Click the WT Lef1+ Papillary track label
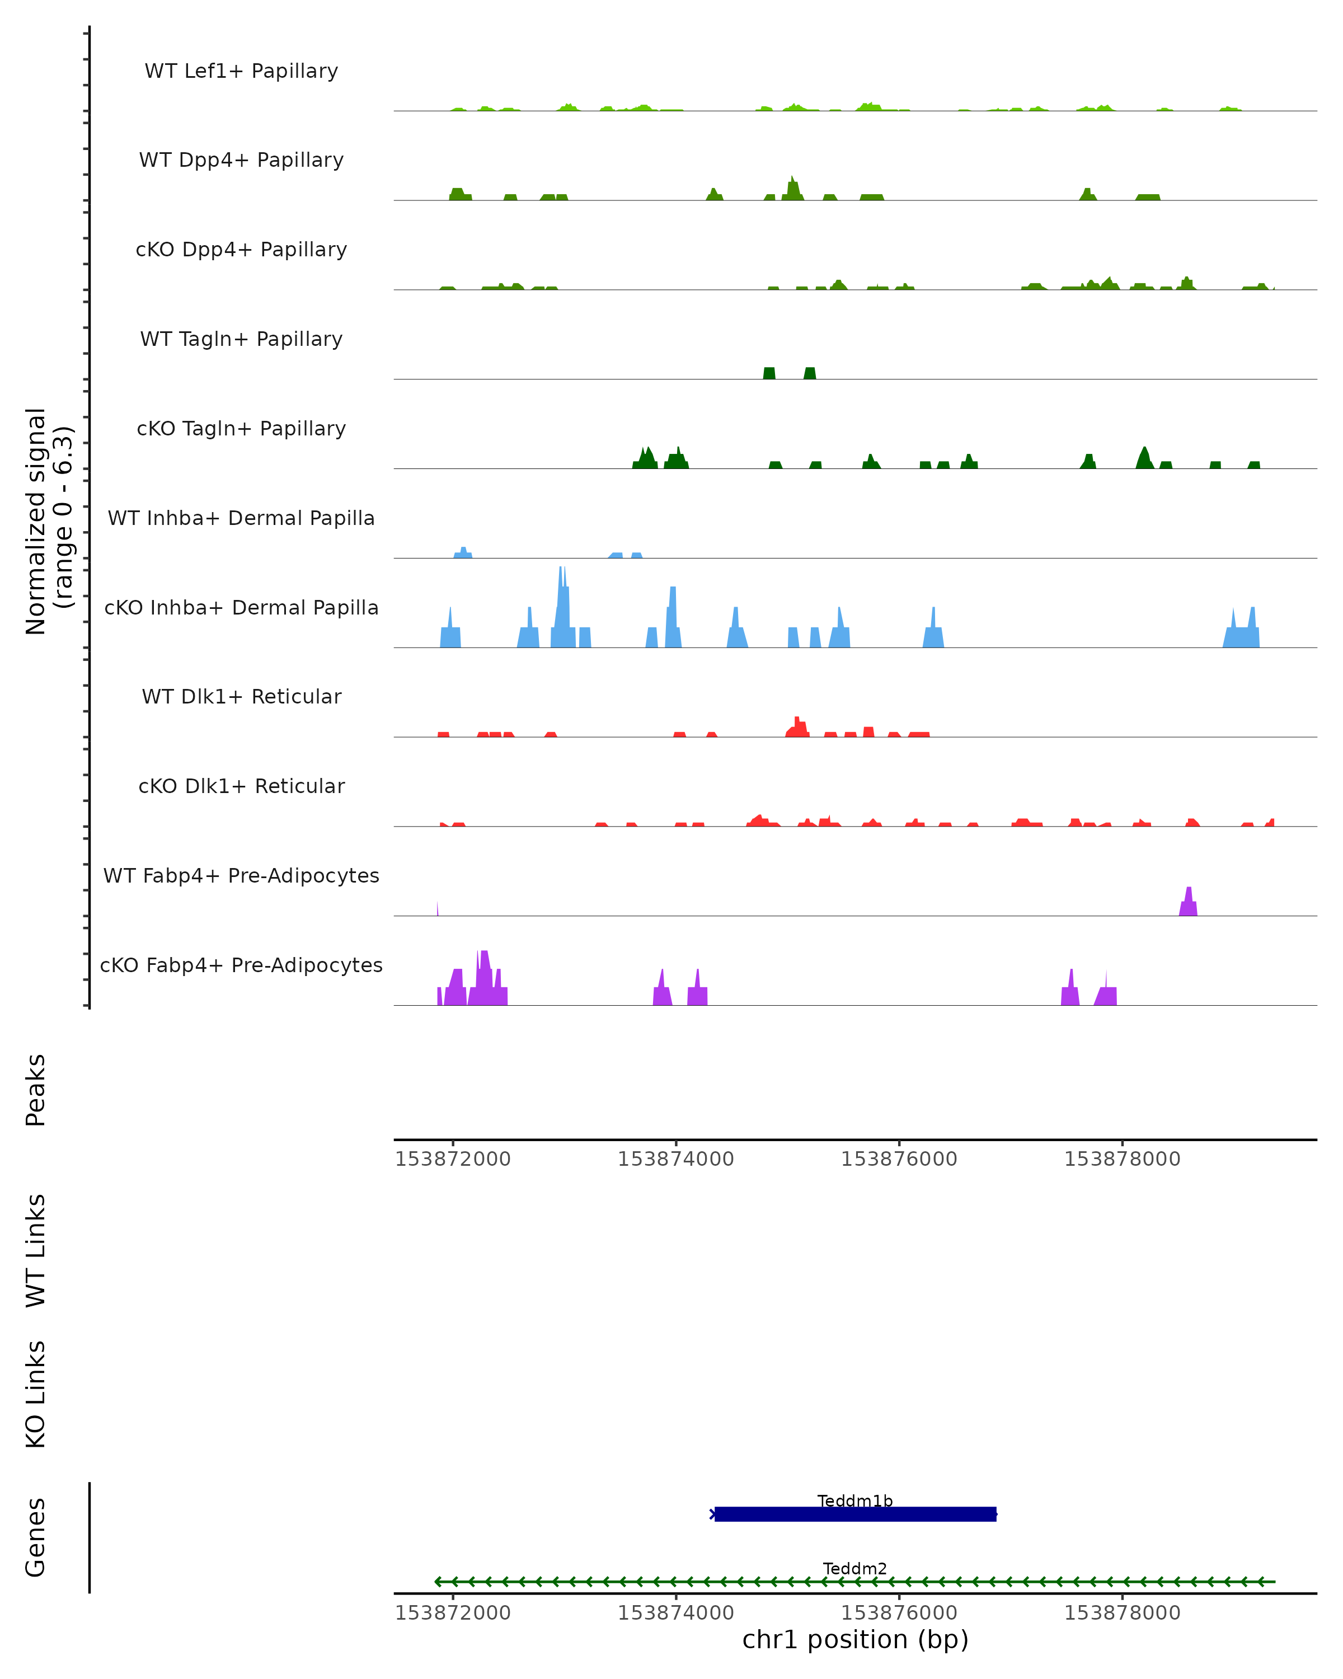(x=241, y=71)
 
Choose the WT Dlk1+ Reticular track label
(x=241, y=696)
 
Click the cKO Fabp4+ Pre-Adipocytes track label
(x=241, y=965)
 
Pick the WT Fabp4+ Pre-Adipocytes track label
(x=241, y=875)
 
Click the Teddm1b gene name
(x=855, y=1500)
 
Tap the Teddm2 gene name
(x=855, y=1568)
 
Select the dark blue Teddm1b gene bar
(x=855, y=1514)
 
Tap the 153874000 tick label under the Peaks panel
(x=676, y=1159)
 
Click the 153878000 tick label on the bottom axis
(x=1122, y=1613)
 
